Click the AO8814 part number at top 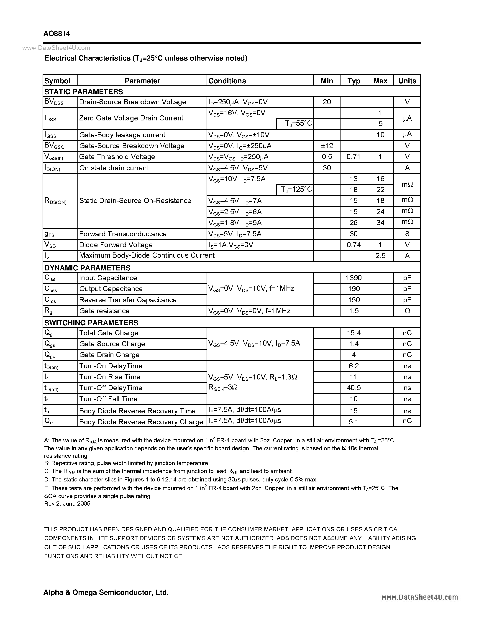[57, 33]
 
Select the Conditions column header [227, 81]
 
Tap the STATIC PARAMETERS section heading [83, 92]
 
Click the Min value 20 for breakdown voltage [327, 102]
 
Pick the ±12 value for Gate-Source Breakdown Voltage [327, 146]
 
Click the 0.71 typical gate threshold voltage [353, 157]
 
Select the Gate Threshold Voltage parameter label [117, 157]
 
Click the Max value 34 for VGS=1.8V [380, 223]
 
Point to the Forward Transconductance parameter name [123, 234]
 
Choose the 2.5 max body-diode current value [380, 256]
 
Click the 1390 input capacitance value [353, 278]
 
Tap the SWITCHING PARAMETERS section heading [91, 323]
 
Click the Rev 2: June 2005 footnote [67, 504]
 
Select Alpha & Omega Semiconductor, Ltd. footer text [106, 592]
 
